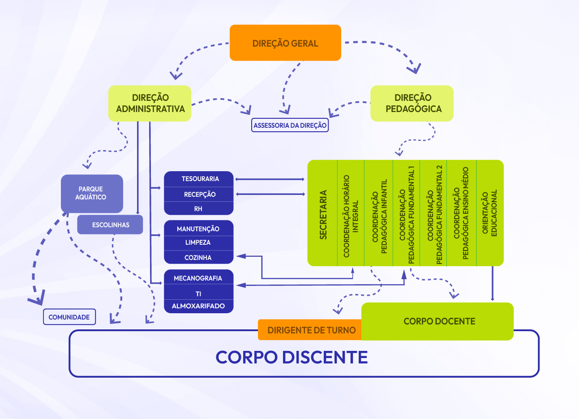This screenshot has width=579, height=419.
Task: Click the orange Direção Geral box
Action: [285, 43]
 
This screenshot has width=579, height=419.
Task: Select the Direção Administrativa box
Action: [150, 104]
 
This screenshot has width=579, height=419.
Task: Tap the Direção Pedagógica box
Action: [412, 104]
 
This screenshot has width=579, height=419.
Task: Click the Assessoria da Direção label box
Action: [290, 125]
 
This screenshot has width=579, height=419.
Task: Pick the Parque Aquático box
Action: [92, 194]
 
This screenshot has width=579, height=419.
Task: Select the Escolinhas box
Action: [110, 225]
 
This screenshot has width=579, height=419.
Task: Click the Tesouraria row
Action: [199, 179]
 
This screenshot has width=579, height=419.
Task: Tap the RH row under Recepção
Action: [198, 209]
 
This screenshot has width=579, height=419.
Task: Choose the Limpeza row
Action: [198, 242]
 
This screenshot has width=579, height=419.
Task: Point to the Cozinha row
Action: [198, 258]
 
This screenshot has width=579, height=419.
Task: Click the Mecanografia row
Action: [198, 278]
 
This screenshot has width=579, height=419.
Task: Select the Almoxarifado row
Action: [198, 306]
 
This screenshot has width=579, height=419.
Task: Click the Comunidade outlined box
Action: [69, 317]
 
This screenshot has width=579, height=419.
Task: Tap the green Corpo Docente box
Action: [438, 321]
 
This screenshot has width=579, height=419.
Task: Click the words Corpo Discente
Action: [292, 358]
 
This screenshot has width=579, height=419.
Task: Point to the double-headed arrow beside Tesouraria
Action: [270, 179]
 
